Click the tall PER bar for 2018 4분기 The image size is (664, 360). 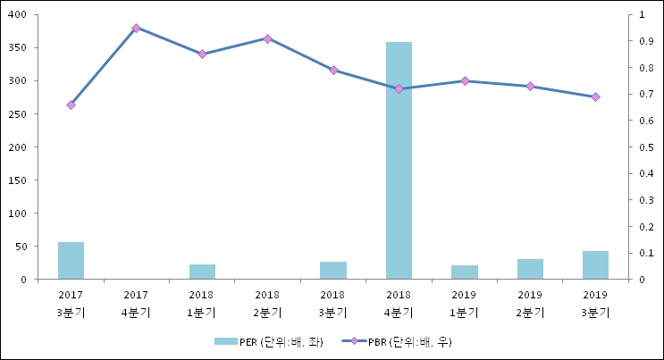[399, 161]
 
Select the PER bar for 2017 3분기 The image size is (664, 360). [71, 261]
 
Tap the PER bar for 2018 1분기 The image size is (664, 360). [202, 272]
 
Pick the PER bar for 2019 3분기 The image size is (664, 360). [595, 265]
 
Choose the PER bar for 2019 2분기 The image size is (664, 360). [530, 269]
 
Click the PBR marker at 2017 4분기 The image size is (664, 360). [136, 28]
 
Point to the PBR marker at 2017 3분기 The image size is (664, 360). [71, 105]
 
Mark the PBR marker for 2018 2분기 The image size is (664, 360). [267, 38]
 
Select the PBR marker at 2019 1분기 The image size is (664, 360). [465, 81]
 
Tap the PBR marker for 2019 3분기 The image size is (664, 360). [595, 96]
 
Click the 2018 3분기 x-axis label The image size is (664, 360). [332, 304]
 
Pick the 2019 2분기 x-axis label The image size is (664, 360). [530, 304]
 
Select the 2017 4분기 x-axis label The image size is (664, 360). [136, 304]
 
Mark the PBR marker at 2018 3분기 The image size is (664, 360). [333, 70]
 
